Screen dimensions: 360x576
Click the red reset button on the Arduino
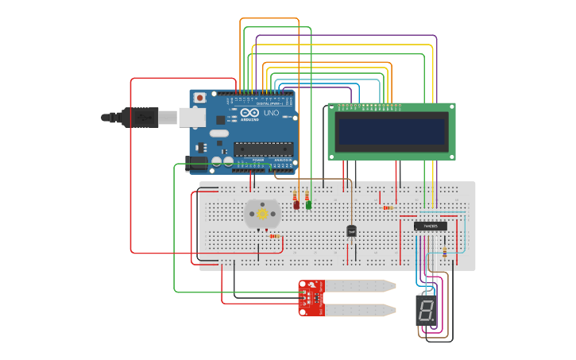[x=199, y=98]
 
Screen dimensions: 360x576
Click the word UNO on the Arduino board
[x=271, y=114]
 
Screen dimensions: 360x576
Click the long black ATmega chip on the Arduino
[x=263, y=148]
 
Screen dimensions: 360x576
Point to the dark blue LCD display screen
[x=392, y=130]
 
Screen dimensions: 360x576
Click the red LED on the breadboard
[x=296, y=205]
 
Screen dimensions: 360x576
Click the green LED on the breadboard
[x=308, y=204]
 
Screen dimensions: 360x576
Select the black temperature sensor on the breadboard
[x=351, y=230]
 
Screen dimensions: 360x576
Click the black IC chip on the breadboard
[x=430, y=226]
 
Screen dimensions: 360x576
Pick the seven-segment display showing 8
[x=427, y=310]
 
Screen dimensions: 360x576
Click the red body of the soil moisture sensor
[x=311, y=297]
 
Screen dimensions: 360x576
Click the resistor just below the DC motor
[x=274, y=236]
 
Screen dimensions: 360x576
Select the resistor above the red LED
[x=296, y=194]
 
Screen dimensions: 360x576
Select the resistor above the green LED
[x=307, y=194]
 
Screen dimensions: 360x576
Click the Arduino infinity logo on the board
[x=248, y=114]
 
